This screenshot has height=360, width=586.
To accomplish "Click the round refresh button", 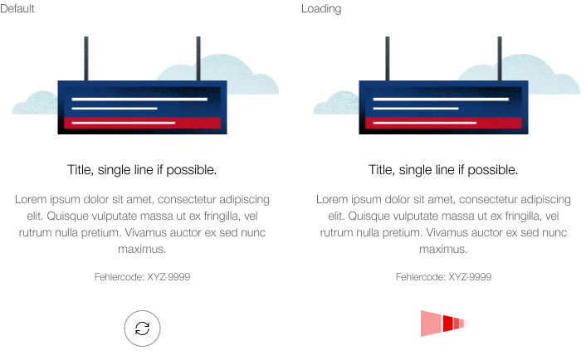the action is tap(142, 328).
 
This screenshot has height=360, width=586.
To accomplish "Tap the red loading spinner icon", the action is tap(442, 324).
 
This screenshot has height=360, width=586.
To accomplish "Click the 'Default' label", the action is tap(17, 8).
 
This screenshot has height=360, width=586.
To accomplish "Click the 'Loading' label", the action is tap(321, 9).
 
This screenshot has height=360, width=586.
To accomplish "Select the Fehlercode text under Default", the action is tap(142, 277).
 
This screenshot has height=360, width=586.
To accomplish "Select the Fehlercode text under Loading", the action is tap(443, 277).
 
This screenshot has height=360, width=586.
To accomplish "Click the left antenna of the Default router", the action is tap(86, 58).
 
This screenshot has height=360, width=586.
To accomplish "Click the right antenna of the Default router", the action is tap(198, 58).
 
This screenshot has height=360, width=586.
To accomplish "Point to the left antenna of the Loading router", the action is tap(388, 58).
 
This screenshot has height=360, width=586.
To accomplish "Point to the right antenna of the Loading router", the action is tap(499, 58).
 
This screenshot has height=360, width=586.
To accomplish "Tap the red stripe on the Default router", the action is tap(142, 123).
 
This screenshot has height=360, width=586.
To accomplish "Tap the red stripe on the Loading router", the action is tap(443, 123).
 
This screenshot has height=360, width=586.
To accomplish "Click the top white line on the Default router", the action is tap(139, 99).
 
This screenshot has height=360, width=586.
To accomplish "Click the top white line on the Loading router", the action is tap(441, 99).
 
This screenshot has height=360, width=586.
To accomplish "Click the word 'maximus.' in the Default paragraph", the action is tap(142, 249).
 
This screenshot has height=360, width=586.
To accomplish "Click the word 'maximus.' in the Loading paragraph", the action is tap(443, 249).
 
